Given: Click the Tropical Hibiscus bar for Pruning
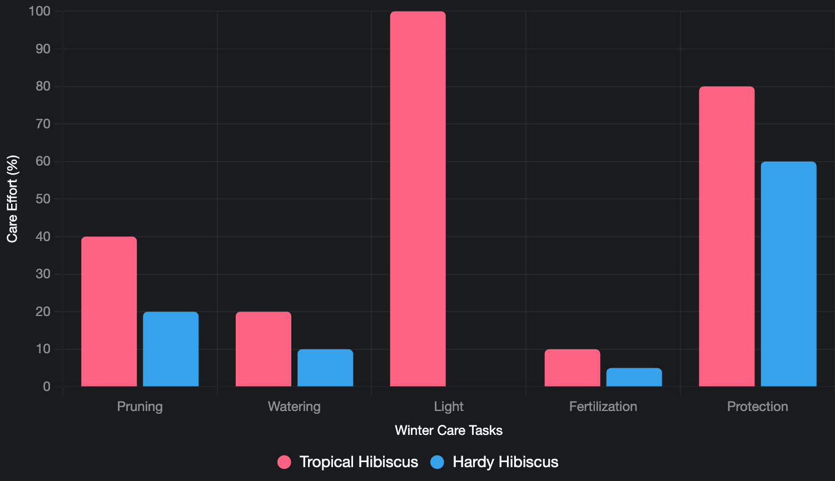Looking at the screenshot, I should tap(109, 311).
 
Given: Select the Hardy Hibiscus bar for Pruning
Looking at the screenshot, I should tap(171, 349).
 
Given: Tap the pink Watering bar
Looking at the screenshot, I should tap(264, 349).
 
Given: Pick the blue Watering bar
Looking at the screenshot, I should tap(325, 368).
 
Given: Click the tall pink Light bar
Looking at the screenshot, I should tap(418, 199).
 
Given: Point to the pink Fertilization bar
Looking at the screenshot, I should tap(573, 368).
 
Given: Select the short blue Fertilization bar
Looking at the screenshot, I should tap(634, 377).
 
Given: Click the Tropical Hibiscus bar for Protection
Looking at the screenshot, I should tap(727, 236).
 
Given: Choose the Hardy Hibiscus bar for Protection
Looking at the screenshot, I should tap(789, 274).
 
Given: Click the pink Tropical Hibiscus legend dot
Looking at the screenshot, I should tap(284, 462).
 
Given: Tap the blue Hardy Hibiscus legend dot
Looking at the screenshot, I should tap(438, 462).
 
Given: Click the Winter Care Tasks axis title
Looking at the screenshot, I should tap(449, 430).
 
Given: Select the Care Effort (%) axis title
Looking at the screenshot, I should tap(12, 199).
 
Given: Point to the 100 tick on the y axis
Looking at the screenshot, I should tap(39, 11).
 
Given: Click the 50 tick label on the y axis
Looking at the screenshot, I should tap(43, 199).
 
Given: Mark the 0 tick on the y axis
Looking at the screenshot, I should tap(47, 387).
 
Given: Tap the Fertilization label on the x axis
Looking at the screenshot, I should tap(603, 407).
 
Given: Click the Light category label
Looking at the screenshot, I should tap(449, 407).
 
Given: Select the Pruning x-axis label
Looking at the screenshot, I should tap(140, 407).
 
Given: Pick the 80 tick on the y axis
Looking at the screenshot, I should tap(43, 86).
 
